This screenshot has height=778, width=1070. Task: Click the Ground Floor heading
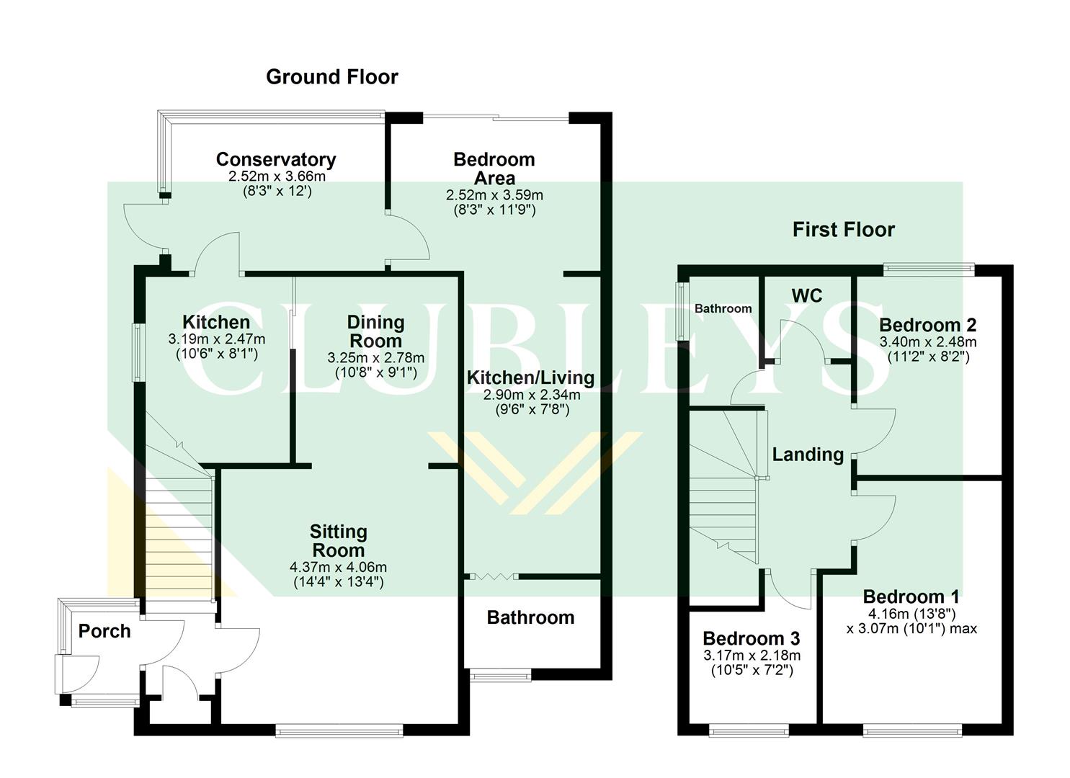coord(331,77)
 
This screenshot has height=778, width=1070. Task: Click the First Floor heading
coord(843,230)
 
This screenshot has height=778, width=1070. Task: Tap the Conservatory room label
coord(275,159)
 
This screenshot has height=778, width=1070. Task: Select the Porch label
coord(104,631)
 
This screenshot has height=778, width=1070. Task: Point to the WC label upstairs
coord(806,296)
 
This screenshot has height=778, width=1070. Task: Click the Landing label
coord(808,455)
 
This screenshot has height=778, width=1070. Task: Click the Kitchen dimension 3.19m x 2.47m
coord(216,339)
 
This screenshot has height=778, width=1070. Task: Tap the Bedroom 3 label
coord(751,638)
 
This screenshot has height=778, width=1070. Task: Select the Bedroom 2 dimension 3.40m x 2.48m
coord(927,341)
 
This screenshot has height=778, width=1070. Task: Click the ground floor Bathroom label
coord(530,617)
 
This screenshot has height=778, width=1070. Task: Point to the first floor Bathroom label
coord(723,308)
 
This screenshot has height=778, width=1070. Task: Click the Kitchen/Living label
coord(530,378)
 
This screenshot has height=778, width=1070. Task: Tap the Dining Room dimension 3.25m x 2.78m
coord(375,358)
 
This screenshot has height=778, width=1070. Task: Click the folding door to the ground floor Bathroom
coord(491,576)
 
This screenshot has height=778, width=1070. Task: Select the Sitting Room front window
coord(339,732)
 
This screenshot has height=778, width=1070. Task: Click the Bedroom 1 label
coord(911,596)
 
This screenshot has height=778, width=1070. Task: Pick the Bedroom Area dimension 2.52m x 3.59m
coord(494,195)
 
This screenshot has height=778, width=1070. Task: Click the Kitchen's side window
coord(135,352)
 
